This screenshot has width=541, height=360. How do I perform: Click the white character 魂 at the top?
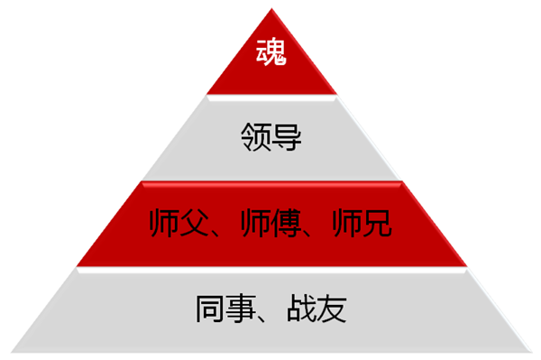(270, 52)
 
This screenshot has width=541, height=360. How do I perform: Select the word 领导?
(270, 139)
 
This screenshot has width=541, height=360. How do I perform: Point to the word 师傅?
(270, 223)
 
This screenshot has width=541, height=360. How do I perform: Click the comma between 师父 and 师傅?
(220, 232)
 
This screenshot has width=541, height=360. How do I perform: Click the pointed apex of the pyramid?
(270, 8)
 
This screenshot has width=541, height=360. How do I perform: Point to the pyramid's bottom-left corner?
(12, 351)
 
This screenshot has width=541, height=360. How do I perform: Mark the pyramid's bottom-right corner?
(530, 351)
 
